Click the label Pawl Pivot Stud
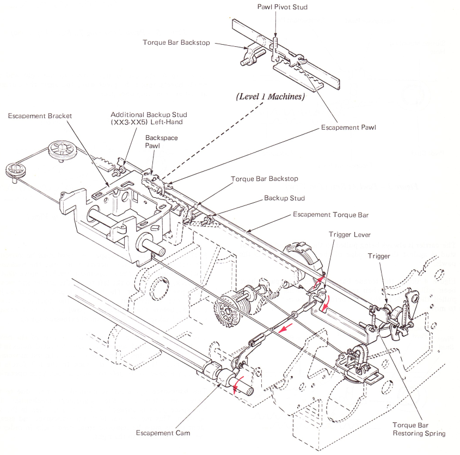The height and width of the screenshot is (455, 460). coord(276,7)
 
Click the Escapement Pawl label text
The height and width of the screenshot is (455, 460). coord(348,128)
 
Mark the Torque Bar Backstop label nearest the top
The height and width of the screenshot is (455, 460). coord(176,43)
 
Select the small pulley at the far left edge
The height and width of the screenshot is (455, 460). coord(13,169)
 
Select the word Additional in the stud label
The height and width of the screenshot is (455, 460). coord(128,115)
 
